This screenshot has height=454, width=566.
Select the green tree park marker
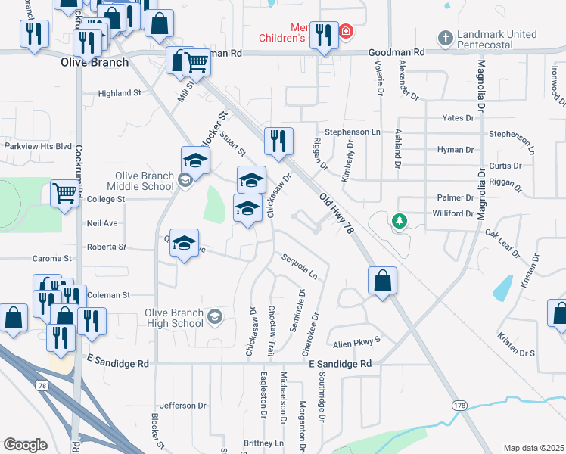[399, 220]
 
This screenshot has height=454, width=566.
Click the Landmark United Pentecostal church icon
[446, 37]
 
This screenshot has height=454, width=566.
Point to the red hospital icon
[346, 31]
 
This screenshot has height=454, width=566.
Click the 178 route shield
[459, 406]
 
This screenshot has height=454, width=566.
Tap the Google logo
[25, 445]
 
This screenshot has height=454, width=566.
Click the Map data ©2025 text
[533, 448]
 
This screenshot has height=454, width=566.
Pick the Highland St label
[120, 93]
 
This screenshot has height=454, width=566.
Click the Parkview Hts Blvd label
[38, 146]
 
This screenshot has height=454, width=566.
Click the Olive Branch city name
[94, 62]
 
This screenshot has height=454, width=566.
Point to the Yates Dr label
[459, 118]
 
